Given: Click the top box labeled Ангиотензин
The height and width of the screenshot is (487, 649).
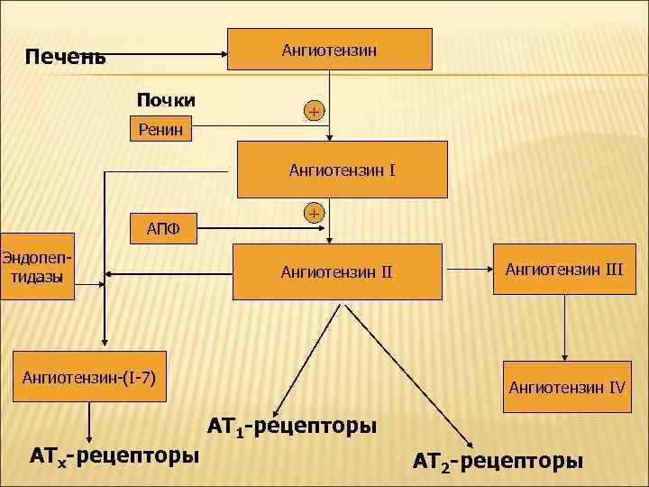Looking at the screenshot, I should click(329, 50).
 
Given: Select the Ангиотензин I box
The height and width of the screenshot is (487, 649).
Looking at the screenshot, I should click(342, 170).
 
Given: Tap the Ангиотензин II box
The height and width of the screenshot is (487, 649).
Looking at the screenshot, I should click(337, 271).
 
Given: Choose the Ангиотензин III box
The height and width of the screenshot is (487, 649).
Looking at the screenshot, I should click(564, 269).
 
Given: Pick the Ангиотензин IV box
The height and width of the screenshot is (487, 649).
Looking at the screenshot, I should click(567, 388).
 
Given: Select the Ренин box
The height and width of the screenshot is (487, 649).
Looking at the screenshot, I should click(160, 131).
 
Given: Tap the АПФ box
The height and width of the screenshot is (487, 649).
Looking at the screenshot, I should click(163, 229).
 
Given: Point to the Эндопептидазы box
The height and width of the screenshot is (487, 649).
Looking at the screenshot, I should click(37, 270).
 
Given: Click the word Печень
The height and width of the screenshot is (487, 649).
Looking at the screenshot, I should click(65, 58).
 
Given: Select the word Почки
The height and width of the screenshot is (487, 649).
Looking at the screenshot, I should click(166, 98).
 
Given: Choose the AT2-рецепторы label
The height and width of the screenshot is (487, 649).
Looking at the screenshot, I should click(498, 462).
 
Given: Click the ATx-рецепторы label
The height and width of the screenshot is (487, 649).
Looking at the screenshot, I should click(114, 455).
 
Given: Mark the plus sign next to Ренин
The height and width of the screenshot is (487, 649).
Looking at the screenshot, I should click(313, 111).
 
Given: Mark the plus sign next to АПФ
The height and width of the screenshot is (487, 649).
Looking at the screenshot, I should click(313, 214).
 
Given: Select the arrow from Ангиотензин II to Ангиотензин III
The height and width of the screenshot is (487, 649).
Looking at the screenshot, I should click(470, 269).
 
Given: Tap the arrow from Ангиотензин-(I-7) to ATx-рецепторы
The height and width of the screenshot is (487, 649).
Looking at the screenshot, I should click(89, 420).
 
